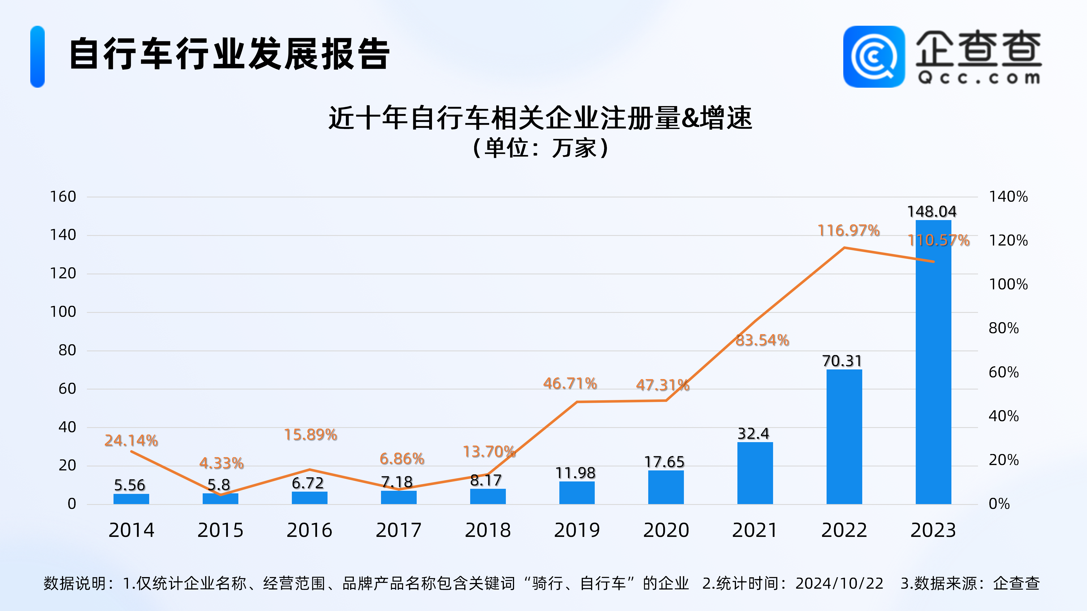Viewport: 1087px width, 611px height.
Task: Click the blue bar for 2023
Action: (x=933, y=363)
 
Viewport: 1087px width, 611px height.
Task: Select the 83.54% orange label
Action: (x=762, y=340)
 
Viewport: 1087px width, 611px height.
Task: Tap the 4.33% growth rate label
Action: (x=222, y=463)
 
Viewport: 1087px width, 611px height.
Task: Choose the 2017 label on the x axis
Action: (x=398, y=530)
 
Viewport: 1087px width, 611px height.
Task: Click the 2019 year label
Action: (x=577, y=530)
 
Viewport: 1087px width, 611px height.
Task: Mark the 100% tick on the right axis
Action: (x=1008, y=284)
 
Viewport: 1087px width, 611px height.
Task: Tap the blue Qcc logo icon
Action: (x=874, y=57)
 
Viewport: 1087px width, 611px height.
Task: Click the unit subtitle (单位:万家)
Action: (x=540, y=148)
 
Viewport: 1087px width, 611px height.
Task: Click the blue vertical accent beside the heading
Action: (x=38, y=57)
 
